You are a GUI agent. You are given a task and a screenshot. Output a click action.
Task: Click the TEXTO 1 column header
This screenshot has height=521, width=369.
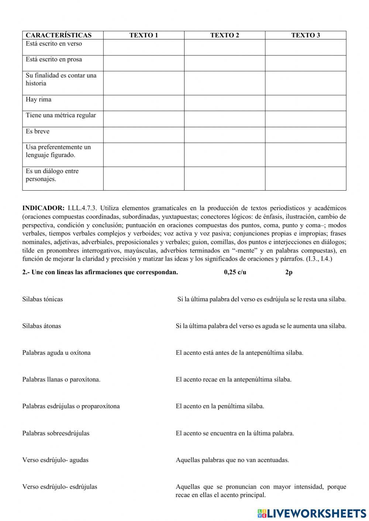144,35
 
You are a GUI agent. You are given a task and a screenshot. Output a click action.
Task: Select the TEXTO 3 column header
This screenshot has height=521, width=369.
306,35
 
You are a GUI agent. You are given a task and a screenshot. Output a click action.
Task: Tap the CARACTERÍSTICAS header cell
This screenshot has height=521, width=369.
59,35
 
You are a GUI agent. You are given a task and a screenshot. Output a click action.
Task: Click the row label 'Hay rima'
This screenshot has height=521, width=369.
39,100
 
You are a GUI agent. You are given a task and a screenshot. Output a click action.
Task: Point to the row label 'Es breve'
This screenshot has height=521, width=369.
38,131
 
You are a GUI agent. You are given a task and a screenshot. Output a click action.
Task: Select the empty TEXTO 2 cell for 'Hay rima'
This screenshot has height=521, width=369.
224,103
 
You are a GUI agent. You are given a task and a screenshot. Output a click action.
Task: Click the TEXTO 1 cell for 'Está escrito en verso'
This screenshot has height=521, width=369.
144,47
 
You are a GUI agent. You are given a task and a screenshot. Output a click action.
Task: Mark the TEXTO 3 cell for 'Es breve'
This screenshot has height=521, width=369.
306,135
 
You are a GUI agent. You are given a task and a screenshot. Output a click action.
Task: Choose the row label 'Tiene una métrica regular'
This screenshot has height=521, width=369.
61,115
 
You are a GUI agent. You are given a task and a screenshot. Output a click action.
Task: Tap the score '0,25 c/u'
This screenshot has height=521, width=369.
235,272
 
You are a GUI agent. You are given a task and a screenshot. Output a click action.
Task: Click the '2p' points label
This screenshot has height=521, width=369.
289,272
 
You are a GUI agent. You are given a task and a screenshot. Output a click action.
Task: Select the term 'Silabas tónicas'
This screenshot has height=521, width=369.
42,299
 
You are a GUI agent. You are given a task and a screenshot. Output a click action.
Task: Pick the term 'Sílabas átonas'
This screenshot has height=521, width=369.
42,326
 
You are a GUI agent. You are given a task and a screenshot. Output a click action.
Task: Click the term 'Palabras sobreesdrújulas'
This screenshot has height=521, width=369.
56,433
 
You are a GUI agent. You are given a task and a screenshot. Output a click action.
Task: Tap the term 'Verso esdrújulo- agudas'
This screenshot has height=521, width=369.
55,460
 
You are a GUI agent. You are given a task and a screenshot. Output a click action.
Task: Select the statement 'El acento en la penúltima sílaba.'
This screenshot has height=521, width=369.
220,406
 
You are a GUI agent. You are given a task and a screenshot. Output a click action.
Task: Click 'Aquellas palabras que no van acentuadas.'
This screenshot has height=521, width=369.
232,460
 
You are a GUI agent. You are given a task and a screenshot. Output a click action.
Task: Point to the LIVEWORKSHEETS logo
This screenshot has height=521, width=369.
311,513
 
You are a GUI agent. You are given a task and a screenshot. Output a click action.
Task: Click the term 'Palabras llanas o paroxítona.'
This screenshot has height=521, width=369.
61,379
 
